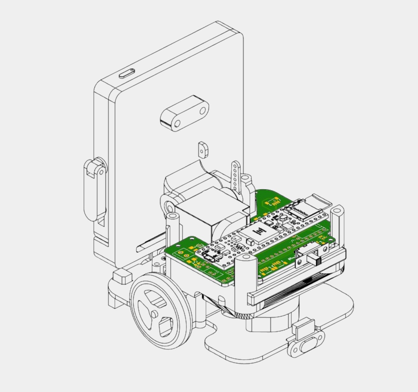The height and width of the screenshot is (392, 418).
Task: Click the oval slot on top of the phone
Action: pyautogui.click(x=127, y=73)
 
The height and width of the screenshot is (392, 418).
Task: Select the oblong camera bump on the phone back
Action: pyautogui.click(x=185, y=113)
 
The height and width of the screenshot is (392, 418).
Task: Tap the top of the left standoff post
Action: pyautogui.click(x=172, y=216)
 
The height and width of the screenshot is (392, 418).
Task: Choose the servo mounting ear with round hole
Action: pyautogui.click(x=169, y=206)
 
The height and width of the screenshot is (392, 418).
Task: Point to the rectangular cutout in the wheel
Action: pyautogui.click(x=166, y=327)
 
